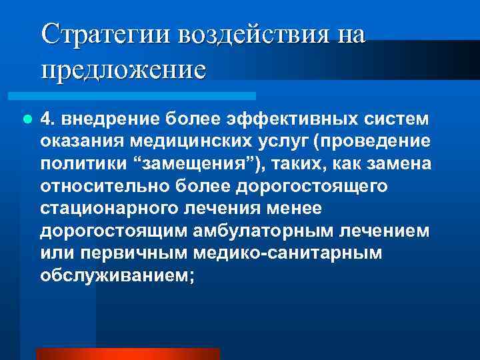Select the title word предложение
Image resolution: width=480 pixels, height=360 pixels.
(123, 69)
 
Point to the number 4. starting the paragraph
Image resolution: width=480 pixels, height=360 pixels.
(47, 119)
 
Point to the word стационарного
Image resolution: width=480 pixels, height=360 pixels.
(106, 209)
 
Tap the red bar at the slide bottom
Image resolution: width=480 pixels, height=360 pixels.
(127, 354)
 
